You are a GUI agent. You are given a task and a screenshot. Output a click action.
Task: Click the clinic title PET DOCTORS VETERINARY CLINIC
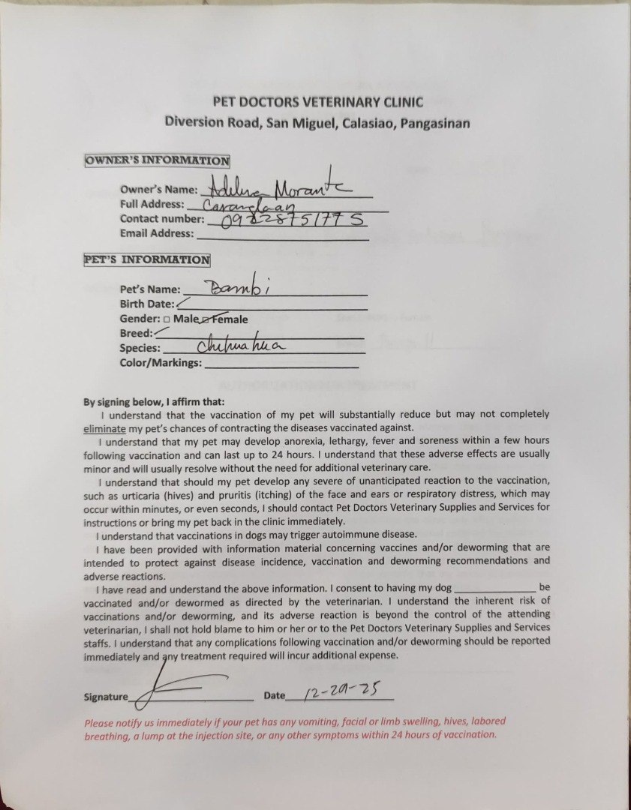(317, 102)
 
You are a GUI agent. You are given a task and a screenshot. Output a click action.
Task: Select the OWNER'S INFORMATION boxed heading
(157, 160)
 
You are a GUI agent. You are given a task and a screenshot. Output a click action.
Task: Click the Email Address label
(157, 233)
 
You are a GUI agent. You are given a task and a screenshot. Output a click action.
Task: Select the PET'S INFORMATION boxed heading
(147, 260)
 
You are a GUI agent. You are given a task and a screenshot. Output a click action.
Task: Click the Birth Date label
(147, 304)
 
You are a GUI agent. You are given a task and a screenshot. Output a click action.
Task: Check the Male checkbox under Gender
(166, 319)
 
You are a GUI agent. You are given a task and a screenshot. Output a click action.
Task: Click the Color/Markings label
(161, 363)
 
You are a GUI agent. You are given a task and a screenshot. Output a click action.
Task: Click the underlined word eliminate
(104, 428)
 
